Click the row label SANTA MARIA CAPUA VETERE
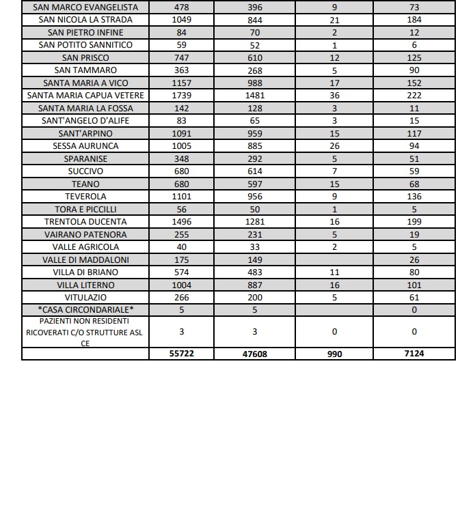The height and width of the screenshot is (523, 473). (x=85, y=96)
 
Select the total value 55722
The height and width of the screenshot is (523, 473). (x=182, y=354)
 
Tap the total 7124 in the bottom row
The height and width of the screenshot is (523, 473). (x=414, y=354)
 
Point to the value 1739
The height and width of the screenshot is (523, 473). (x=182, y=96)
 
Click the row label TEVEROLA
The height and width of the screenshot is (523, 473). (x=85, y=197)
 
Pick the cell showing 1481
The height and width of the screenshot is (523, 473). (x=255, y=96)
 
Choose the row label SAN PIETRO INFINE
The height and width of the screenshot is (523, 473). (x=85, y=32)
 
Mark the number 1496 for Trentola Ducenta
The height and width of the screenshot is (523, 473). (x=182, y=222)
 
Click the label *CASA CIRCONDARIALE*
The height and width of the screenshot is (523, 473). (x=85, y=310)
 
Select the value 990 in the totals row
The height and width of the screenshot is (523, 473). (x=334, y=354)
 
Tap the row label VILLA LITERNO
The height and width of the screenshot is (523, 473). (x=85, y=285)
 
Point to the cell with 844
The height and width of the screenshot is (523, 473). (x=255, y=20)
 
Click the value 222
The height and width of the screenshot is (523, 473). (x=414, y=96)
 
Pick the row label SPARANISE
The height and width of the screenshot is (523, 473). (x=85, y=159)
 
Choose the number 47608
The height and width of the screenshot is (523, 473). (x=255, y=354)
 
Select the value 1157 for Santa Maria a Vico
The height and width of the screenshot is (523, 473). (x=182, y=83)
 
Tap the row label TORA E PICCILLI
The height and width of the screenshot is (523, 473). (x=85, y=209)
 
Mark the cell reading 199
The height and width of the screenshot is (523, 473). (x=414, y=222)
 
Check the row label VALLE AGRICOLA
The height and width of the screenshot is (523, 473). (x=85, y=247)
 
